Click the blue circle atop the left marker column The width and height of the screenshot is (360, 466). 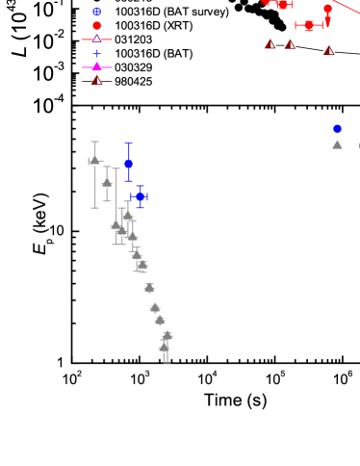point(96,12)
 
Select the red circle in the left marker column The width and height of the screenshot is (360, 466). point(96,26)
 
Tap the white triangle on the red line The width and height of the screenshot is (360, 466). point(96,39)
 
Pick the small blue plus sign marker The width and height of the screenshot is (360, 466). point(96,54)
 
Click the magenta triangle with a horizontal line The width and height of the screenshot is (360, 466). point(96,67)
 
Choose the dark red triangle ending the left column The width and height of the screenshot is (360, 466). point(96,81)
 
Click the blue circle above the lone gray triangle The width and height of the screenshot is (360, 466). point(337,129)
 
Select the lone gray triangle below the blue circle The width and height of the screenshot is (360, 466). point(337,144)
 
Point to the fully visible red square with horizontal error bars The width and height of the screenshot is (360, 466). point(308,26)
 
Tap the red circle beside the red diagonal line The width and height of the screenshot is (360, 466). point(327,9)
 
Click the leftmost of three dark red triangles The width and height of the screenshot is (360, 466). point(270,44)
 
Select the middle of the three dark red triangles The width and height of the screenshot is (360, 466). point(290,44)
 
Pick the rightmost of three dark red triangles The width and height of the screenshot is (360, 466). point(328,51)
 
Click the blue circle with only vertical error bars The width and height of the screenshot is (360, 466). point(128,165)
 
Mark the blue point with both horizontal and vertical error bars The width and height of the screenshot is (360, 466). point(140,196)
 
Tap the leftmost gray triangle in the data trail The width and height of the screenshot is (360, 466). point(94,161)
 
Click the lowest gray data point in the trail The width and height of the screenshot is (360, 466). point(165,348)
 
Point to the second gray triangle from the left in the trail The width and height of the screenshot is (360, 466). point(107,183)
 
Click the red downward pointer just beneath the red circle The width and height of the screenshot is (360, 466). point(327,21)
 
